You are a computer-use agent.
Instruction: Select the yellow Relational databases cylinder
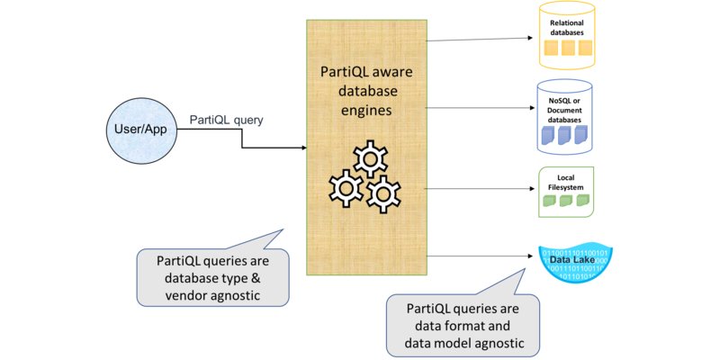tap(568, 37)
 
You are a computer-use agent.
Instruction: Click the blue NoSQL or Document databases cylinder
tap(567, 117)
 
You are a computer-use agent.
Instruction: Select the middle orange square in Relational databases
tap(568, 49)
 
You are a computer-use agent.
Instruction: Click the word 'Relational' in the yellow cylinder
tap(568, 22)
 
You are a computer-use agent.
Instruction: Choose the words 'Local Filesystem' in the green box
tap(567, 183)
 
